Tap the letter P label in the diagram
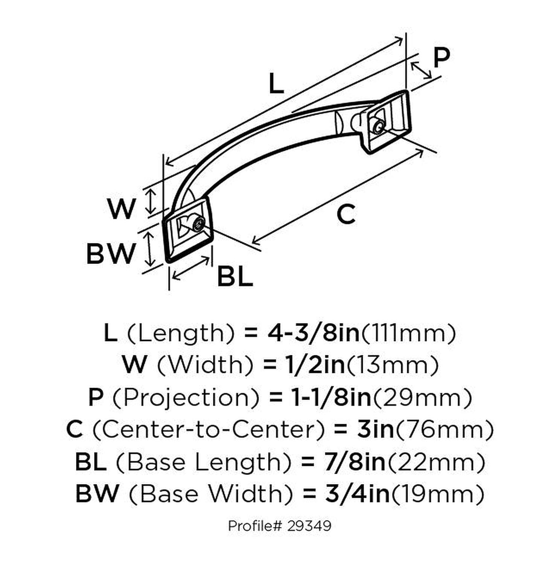pos(441,58)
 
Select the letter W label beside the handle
pos(121,209)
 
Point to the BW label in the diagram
pos(111,253)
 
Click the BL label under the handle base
pos(235,277)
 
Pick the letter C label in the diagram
pos(345,214)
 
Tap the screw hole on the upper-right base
pos(379,127)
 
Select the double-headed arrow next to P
pos(421,70)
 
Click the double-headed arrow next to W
pos(151,202)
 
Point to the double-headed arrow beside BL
pos(191,268)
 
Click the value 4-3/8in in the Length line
pos(313,333)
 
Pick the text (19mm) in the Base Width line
pos(438,494)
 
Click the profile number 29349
pos(309,525)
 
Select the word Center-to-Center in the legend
pos(208,429)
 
